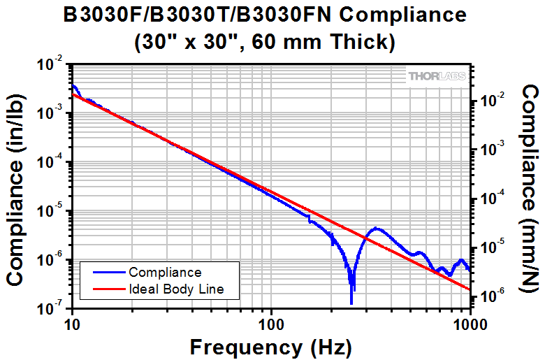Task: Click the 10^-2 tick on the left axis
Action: coord(52,65)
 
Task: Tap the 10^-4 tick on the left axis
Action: coord(52,163)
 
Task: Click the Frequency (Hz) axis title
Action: coord(270,346)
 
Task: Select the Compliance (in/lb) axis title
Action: coord(17,186)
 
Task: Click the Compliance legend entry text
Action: coord(165,273)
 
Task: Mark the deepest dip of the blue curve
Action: coord(351,303)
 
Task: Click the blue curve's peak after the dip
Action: coord(377,228)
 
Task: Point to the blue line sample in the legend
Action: coord(103,273)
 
